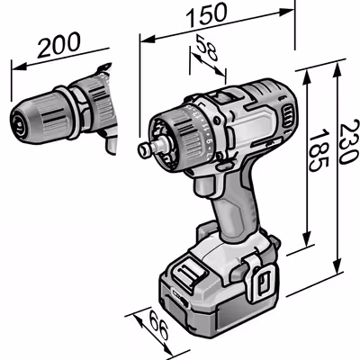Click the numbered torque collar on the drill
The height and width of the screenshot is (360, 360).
coord(193,135)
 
